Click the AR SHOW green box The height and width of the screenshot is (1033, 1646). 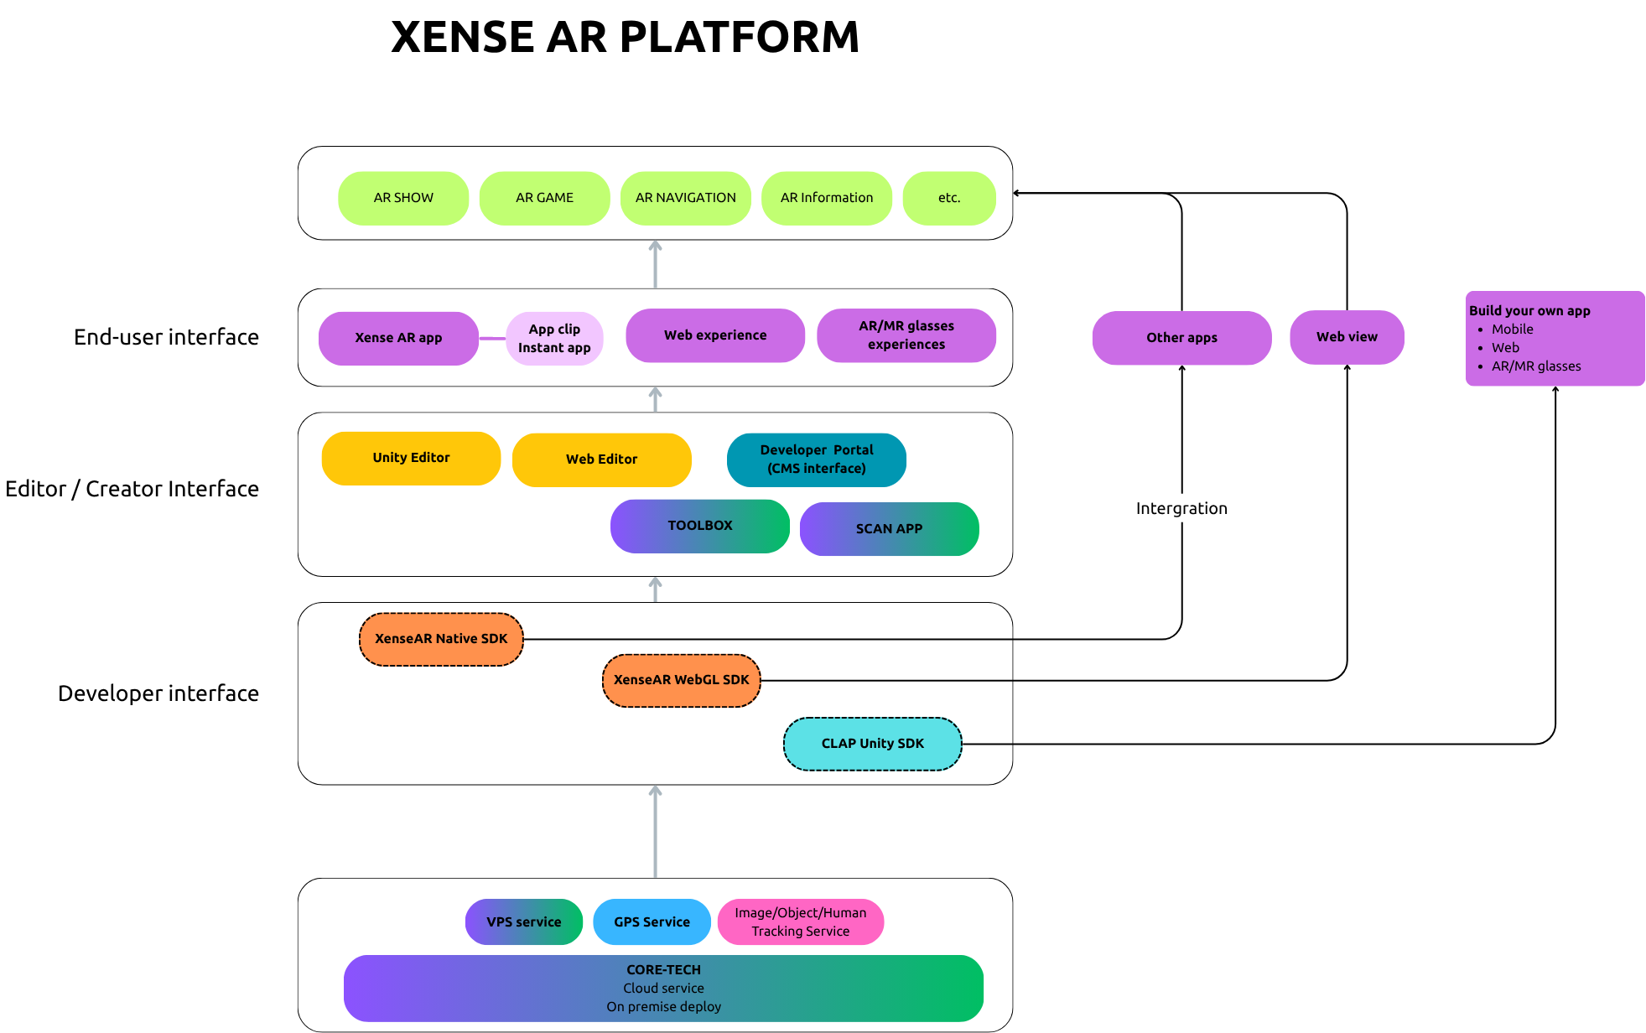click(x=403, y=198)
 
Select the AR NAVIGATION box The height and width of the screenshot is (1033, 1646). click(x=685, y=198)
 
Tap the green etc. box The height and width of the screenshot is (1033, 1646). click(x=948, y=198)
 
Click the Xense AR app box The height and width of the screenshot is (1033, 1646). click(x=398, y=338)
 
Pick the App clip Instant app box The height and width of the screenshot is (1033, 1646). click(x=554, y=339)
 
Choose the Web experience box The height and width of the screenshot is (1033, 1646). click(x=715, y=335)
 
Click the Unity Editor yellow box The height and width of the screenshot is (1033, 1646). click(x=411, y=458)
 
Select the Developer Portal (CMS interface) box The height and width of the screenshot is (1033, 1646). click(x=816, y=459)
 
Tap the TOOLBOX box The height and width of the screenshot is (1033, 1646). click(x=699, y=526)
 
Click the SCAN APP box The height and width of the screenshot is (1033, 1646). click(x=889, y=528)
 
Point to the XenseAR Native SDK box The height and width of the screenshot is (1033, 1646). click(x=441, y=639)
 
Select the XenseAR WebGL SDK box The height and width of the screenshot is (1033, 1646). click(x=681, y=680)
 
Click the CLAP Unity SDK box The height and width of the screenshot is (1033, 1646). click(x=872, y=744)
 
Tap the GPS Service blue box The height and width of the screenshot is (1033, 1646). click(x=652, y=921)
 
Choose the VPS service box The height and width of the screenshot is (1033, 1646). click(x=523, y=921)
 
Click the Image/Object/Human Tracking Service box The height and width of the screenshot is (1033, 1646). click(x=800, y=921)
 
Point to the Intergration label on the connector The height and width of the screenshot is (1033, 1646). click(x=1181, y=508)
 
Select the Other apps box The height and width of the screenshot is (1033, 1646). click(x=1181, y=338)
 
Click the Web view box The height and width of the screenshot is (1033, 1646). click(x=1347, y=337)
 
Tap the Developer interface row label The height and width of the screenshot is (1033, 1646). click(x=158, y=693)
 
